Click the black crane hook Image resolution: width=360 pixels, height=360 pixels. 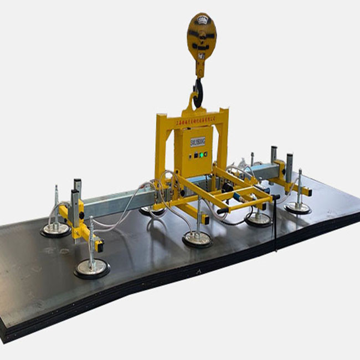(197, 91)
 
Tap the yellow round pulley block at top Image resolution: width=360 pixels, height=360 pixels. (200, 37)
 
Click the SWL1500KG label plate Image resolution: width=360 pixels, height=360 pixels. (197, 141)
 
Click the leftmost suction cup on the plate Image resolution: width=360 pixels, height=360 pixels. (55, 229)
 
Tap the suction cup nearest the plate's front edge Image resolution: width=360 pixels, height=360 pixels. (92, 269)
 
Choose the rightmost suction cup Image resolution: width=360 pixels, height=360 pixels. (298, 208)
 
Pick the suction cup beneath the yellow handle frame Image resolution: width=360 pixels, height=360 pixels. (258, 219)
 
